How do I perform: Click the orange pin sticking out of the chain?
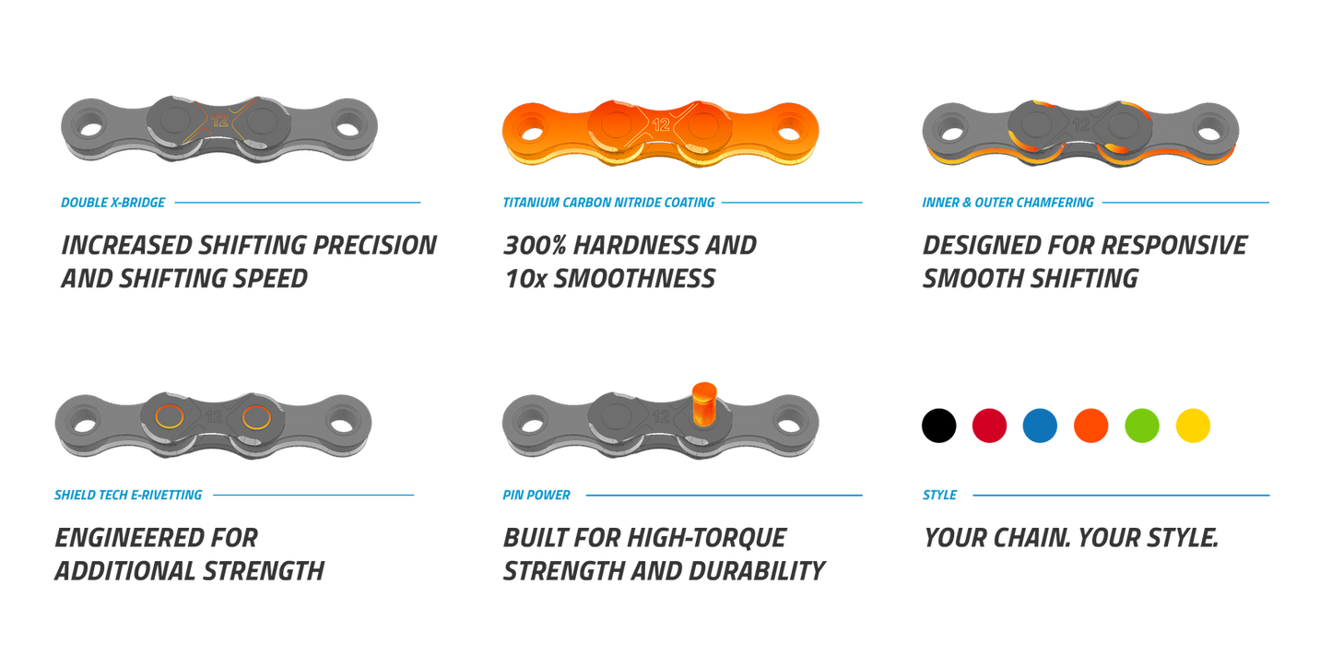coord(704,403)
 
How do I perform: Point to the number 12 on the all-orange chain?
coord(661,124)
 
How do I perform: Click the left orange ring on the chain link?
coord(169,417)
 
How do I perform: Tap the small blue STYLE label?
coord(939,496)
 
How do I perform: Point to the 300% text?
coord(536,246)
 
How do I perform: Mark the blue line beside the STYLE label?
coord(1121,496)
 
